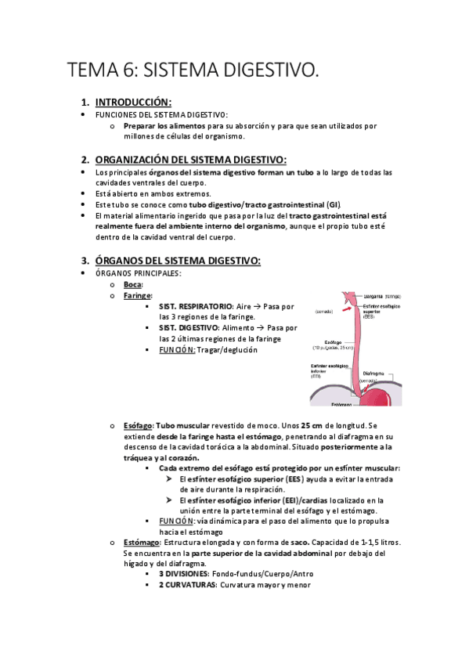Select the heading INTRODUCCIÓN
pos(133,103)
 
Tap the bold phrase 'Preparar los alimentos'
pos(164,125)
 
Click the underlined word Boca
pos(132,285)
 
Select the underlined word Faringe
pos(136,296)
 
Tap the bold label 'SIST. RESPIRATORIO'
pos(195,306)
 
